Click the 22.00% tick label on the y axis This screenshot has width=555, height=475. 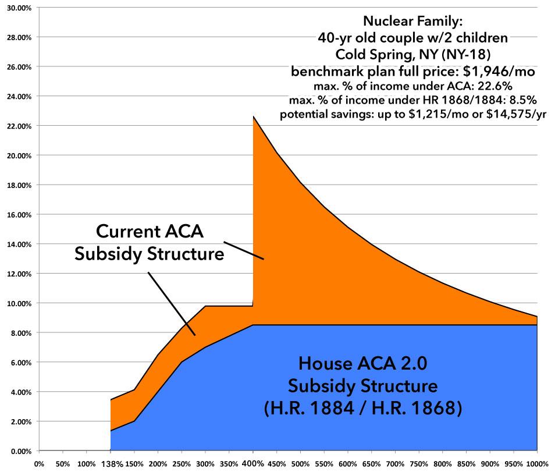coord(20,126)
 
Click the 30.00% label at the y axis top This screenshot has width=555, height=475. coord(20,8)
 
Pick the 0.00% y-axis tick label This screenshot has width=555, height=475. coord(21,451)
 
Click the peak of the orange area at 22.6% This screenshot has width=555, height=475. coord(254,117)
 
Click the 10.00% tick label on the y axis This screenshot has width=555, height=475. coord(20,303)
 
